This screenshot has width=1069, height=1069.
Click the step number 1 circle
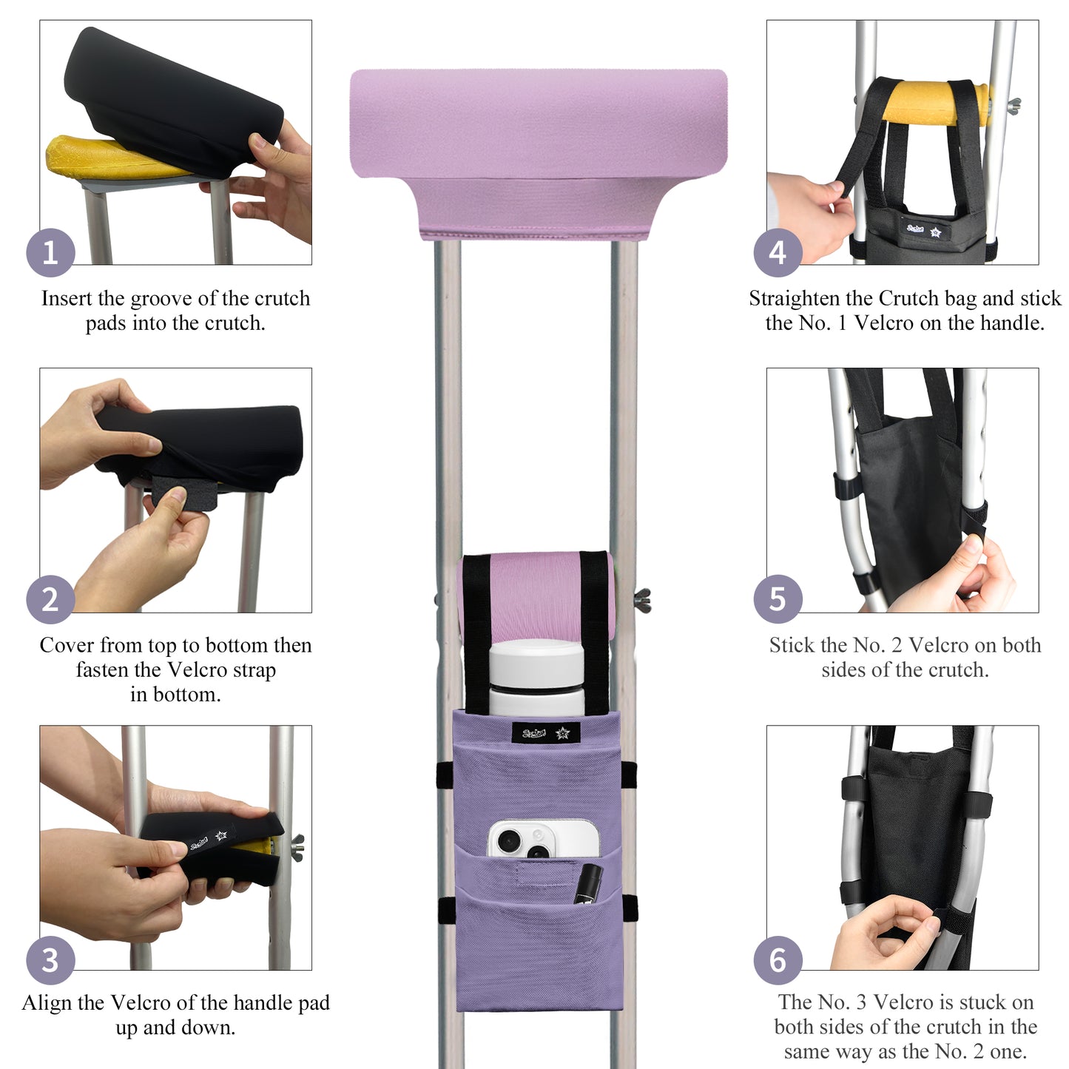pos(50,253)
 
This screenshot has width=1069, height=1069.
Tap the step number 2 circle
pos(50,599)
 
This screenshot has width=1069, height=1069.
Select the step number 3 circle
pos(50,960)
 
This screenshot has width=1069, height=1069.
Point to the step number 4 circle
pos(778,253)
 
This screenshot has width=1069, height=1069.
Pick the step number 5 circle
pos(778,599)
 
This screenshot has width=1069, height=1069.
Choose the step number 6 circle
pos(778,960)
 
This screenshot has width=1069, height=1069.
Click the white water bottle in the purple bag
pos(534,677)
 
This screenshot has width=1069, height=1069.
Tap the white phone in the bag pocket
pos(542,840)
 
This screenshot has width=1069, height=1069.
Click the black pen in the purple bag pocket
pos(588,883)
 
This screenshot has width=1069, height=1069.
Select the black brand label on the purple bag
pos(545,733)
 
